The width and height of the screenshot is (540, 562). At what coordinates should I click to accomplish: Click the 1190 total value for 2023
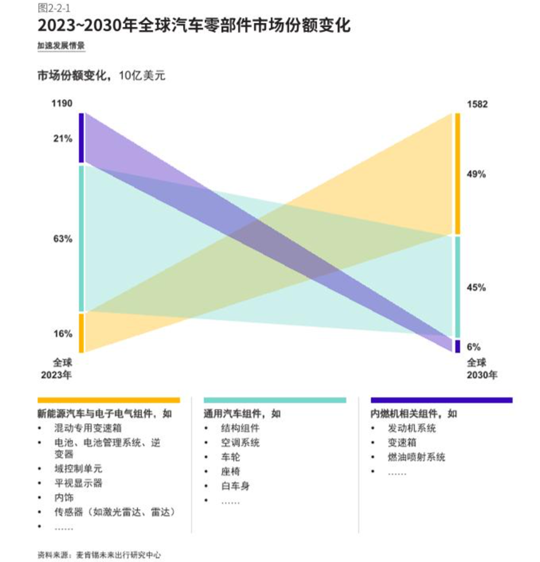click(x=62, y=103)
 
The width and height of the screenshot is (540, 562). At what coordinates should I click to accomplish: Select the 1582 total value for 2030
click(x=477, y=104)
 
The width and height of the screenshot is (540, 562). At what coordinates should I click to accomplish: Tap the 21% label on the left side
click(x=62, y=139)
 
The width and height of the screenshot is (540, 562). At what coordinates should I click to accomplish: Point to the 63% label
click(x=62, y=239)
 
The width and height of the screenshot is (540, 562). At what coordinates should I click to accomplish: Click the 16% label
click(x=62, y=334)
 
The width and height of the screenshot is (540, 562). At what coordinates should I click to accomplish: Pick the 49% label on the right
click(x=476, y=175)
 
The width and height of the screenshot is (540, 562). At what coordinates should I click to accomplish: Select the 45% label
click(x=476, y=288)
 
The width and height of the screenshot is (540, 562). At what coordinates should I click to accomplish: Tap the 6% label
click(x=474, y=347)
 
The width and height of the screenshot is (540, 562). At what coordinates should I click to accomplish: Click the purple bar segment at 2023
click(x=81, y=138)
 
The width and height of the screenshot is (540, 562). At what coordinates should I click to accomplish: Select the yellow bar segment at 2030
click(x=457, y=174)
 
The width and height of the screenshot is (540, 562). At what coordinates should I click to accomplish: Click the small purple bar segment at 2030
click(x=457, y=346)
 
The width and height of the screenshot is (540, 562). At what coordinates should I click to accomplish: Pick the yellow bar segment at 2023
click(x=81, y=333)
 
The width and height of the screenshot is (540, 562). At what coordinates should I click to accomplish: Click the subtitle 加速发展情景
click(x=61, y=46)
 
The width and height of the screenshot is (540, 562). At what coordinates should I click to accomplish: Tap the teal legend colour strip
click(x=275, y=400)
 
